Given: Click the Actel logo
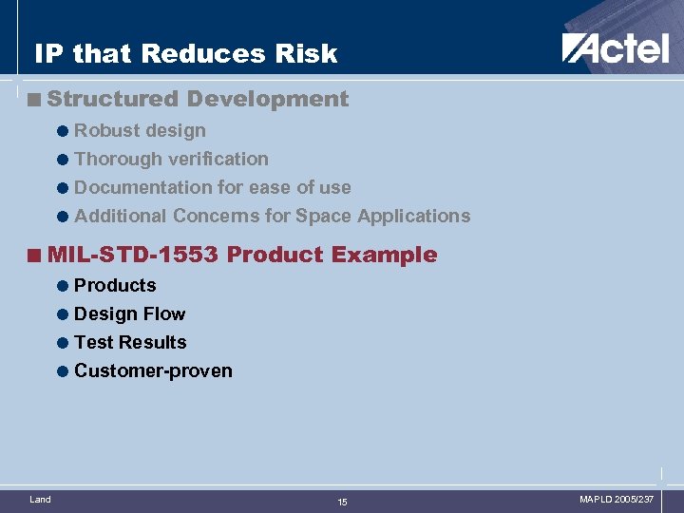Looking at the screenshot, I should click(615, 47).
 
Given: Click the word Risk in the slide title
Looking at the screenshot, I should click(304, 53).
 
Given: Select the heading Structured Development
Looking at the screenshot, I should click(198, 99).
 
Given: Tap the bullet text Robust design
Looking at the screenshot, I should click(140, 130).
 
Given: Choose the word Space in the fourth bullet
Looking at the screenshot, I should click(324, 216).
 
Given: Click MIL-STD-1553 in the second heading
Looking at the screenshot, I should click(133, 255).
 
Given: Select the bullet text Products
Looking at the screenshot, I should click(115, 285).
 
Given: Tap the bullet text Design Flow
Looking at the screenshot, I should click(129, 313).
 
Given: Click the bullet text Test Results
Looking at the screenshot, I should click(130, 342).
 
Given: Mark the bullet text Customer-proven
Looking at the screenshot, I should click(153, 370).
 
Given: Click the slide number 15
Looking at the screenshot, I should click(342, 502).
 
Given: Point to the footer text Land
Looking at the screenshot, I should click(40, 499).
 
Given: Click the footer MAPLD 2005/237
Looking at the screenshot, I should click(617, 499).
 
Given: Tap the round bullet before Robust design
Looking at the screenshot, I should click(62, 131).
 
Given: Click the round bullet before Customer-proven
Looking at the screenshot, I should click(62, 371).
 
